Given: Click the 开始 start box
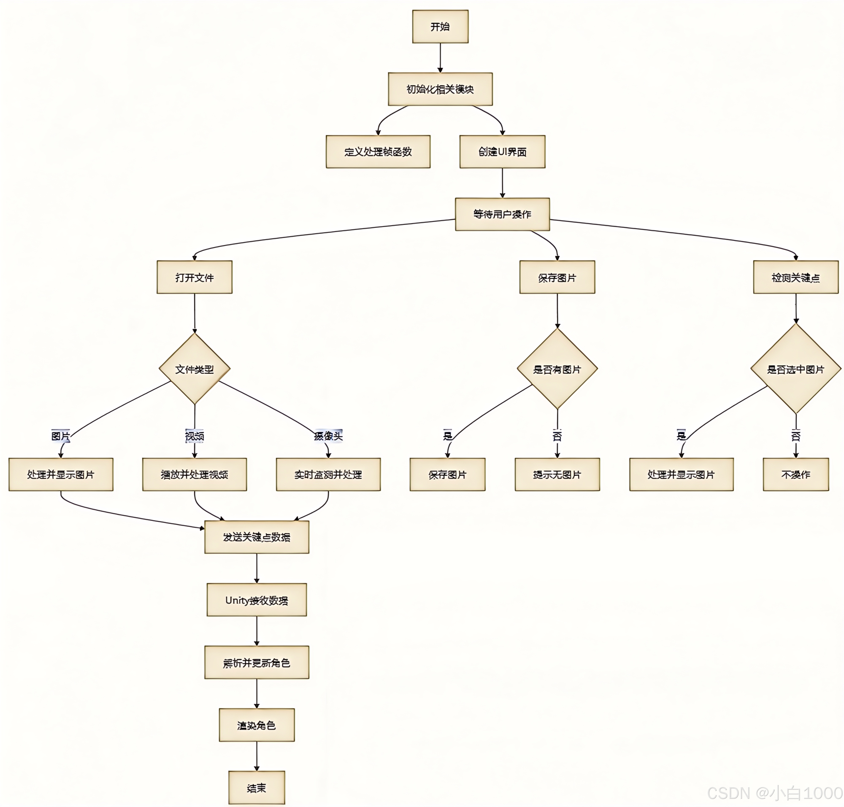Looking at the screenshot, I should [x=440, y=27].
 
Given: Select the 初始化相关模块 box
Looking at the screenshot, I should [x=440, y=89].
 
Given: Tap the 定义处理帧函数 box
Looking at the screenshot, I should [x=378, y=151].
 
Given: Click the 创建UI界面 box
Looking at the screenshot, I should [x=502, y=151].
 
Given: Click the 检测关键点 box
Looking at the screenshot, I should [x=795, y=277].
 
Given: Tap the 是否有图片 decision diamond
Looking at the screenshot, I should [x=557, y=369].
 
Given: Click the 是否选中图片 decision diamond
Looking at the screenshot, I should [x=795, y=369].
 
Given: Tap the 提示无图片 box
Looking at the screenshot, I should [x=557, y=474].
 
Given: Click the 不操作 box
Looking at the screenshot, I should [x=795, y=474].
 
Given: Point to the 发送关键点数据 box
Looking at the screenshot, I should [x=257, y=537].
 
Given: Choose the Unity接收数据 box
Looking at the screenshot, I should [x=257, y=600].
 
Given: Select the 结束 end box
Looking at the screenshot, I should [x=257, y=788].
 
